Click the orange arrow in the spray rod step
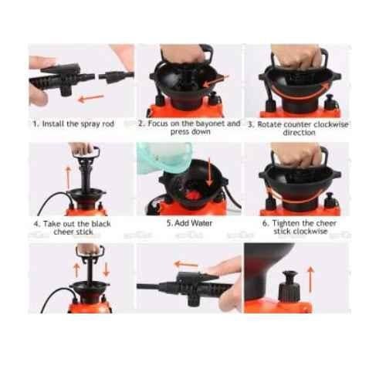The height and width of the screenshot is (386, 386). tap(91, 98)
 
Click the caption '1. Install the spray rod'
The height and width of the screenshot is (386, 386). tap(73, 124)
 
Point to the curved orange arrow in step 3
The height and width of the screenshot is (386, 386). tap(300, 95)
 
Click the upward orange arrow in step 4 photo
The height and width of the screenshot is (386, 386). tap(68, 178)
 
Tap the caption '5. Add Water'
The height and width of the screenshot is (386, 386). tap(189, 223)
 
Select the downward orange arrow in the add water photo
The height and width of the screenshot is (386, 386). tap(210, 171)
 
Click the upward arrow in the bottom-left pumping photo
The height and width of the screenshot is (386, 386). tap(76, 270)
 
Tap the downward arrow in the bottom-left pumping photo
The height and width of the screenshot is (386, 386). tap(106, 270)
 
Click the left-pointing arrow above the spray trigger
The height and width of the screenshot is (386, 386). tap(186, 264)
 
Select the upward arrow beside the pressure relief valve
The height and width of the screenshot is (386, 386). tap(310, 279)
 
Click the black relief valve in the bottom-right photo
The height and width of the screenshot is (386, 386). tap(289, 286)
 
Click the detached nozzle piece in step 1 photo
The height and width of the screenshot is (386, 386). tap(117, 76)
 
